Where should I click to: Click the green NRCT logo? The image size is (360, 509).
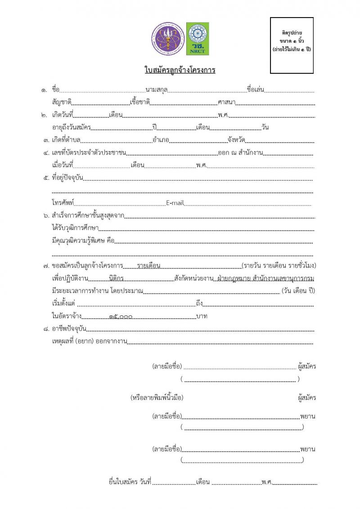[198, 36]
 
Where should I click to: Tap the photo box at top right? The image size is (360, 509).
[292, 45]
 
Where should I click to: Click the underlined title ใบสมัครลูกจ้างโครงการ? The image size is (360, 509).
[180, 70]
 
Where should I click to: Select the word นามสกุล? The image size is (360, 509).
[157, 90]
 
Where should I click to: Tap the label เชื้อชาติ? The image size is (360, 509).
[139, 103]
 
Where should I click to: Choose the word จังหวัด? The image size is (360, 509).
[236, 140]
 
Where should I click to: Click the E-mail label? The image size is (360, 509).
[175, 203]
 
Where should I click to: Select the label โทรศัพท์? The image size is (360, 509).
[63, 203]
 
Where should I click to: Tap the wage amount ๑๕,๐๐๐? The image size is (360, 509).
[121, 317]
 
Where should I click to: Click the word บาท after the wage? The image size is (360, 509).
[202, 316]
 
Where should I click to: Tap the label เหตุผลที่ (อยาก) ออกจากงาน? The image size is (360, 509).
[90, 342]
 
